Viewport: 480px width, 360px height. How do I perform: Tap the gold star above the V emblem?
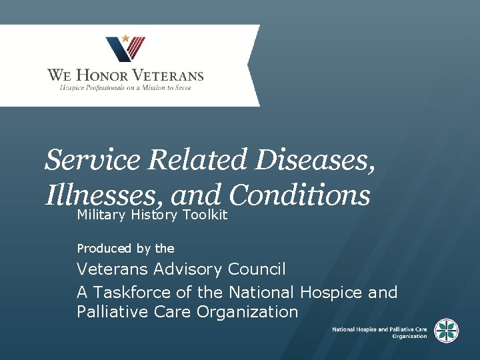click(x=125, y=39)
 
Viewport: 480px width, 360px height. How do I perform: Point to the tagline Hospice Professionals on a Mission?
click(x=125, y=88)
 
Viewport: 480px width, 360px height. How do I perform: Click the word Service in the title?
click(x=93, y=160)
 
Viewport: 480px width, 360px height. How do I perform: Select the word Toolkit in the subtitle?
click(x=205, y=215)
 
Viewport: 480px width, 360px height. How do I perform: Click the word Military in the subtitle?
click(x=101, y=215)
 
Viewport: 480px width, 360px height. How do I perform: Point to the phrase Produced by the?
click(x=125, y=249)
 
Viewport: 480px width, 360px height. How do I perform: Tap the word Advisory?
click(x=189, y=269)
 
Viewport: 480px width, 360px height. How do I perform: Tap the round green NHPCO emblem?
click(x=446, y=331)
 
